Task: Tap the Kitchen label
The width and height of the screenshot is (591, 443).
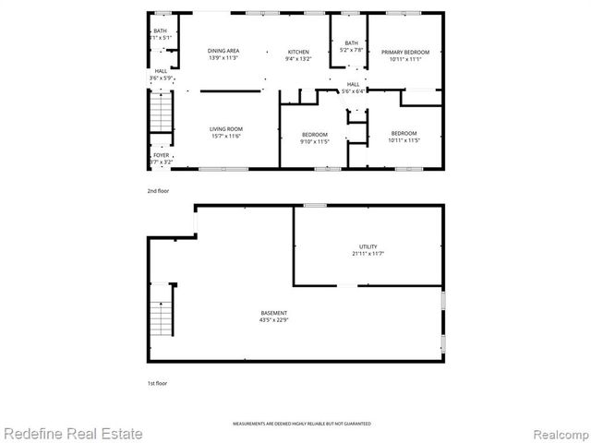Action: pos(298,51)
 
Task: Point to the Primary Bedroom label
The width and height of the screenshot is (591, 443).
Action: pos(406,52)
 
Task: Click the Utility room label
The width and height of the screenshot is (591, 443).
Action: pos(368,246)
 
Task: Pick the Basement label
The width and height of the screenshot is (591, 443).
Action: pos(273,314)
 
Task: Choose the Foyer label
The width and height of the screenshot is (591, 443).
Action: pos(161,155)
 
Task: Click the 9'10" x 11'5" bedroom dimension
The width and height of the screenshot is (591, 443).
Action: pos(315,142)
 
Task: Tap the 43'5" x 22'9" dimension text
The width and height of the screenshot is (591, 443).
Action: pos(273,321)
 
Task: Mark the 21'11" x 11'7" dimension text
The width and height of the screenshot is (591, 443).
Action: pos(368,254)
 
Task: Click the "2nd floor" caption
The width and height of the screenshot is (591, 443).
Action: pos(158,190)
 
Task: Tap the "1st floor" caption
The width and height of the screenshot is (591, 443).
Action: pos(157,382)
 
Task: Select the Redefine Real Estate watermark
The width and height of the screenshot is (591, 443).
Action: pos(74,433)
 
